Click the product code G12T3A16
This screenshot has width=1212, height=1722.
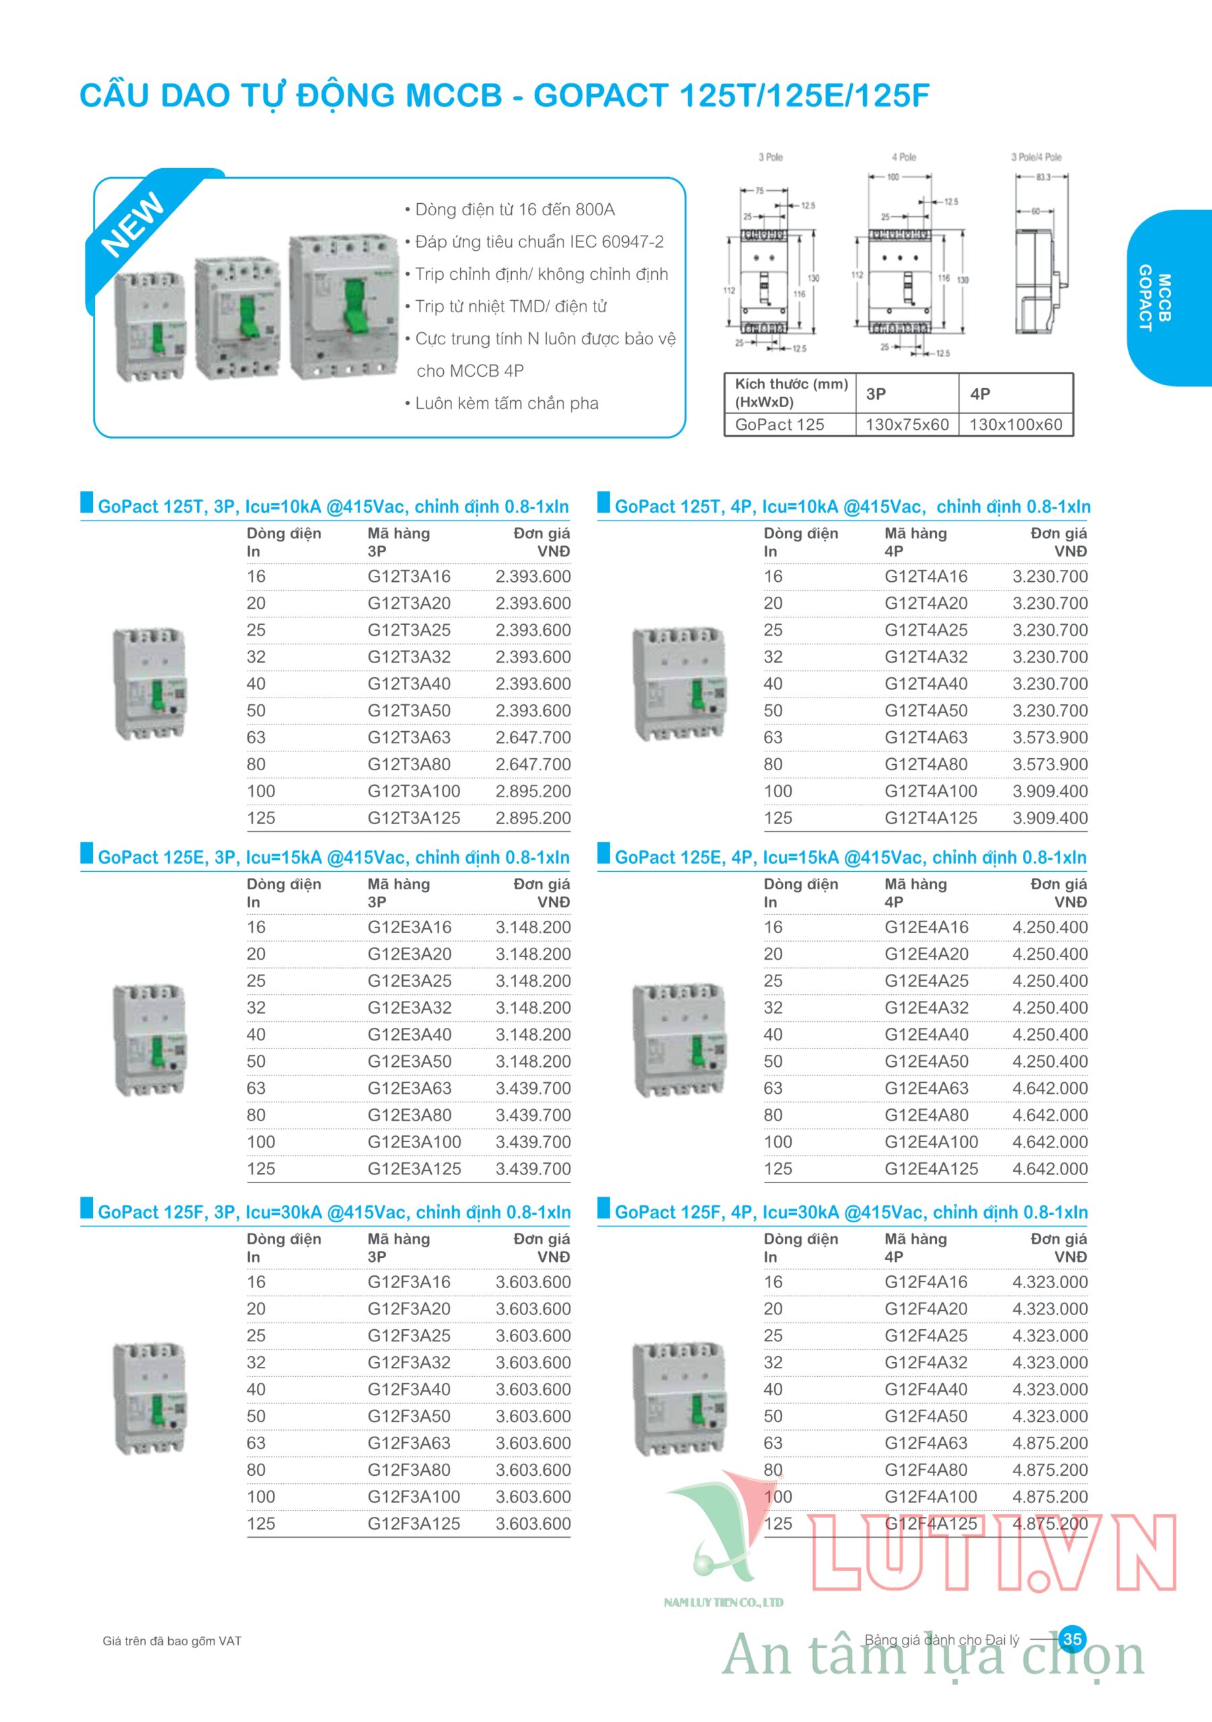[x=409, y=576]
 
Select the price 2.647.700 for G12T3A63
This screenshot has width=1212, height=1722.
[x=533, y=737]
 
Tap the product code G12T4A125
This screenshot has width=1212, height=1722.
[x=930, y=817]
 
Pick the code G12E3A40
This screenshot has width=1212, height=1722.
[x=409, y=1035]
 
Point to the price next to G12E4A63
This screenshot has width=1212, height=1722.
[x=1049, y=1088]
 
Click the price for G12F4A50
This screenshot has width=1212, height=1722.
[x=1049, y=1416]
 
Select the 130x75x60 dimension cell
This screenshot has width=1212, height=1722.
[x=907, y=424]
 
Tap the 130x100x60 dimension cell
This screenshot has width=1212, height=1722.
[x=1016, y=424]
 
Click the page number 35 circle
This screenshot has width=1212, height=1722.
[x=1073, y=1639]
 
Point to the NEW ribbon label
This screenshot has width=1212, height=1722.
[x=133, y=223]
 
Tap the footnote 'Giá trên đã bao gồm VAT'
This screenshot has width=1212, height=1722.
[x=172, y=1641]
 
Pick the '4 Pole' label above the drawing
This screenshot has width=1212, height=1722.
[x=904, y=157]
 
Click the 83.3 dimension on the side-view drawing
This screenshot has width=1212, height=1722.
[x=1043, y=178]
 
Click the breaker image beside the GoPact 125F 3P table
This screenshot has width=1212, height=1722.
[x=150, y=1398]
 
